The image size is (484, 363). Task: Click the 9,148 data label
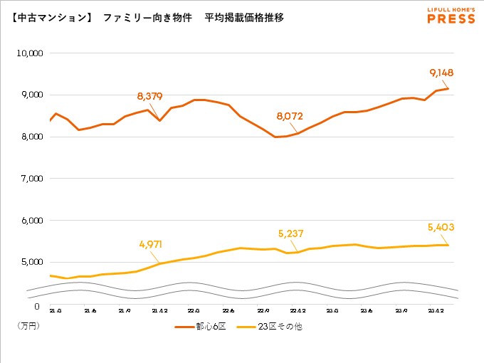point(441,73)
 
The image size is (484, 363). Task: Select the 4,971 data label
point(151,244)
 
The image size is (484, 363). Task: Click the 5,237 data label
point(290,232)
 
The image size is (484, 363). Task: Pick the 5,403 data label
point(441,228)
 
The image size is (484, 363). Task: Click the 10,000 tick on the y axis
point(31,53)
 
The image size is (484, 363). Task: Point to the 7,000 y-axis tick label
point(33,179)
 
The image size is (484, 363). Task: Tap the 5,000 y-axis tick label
point(33,263)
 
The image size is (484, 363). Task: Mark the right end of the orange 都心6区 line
point(448,89)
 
